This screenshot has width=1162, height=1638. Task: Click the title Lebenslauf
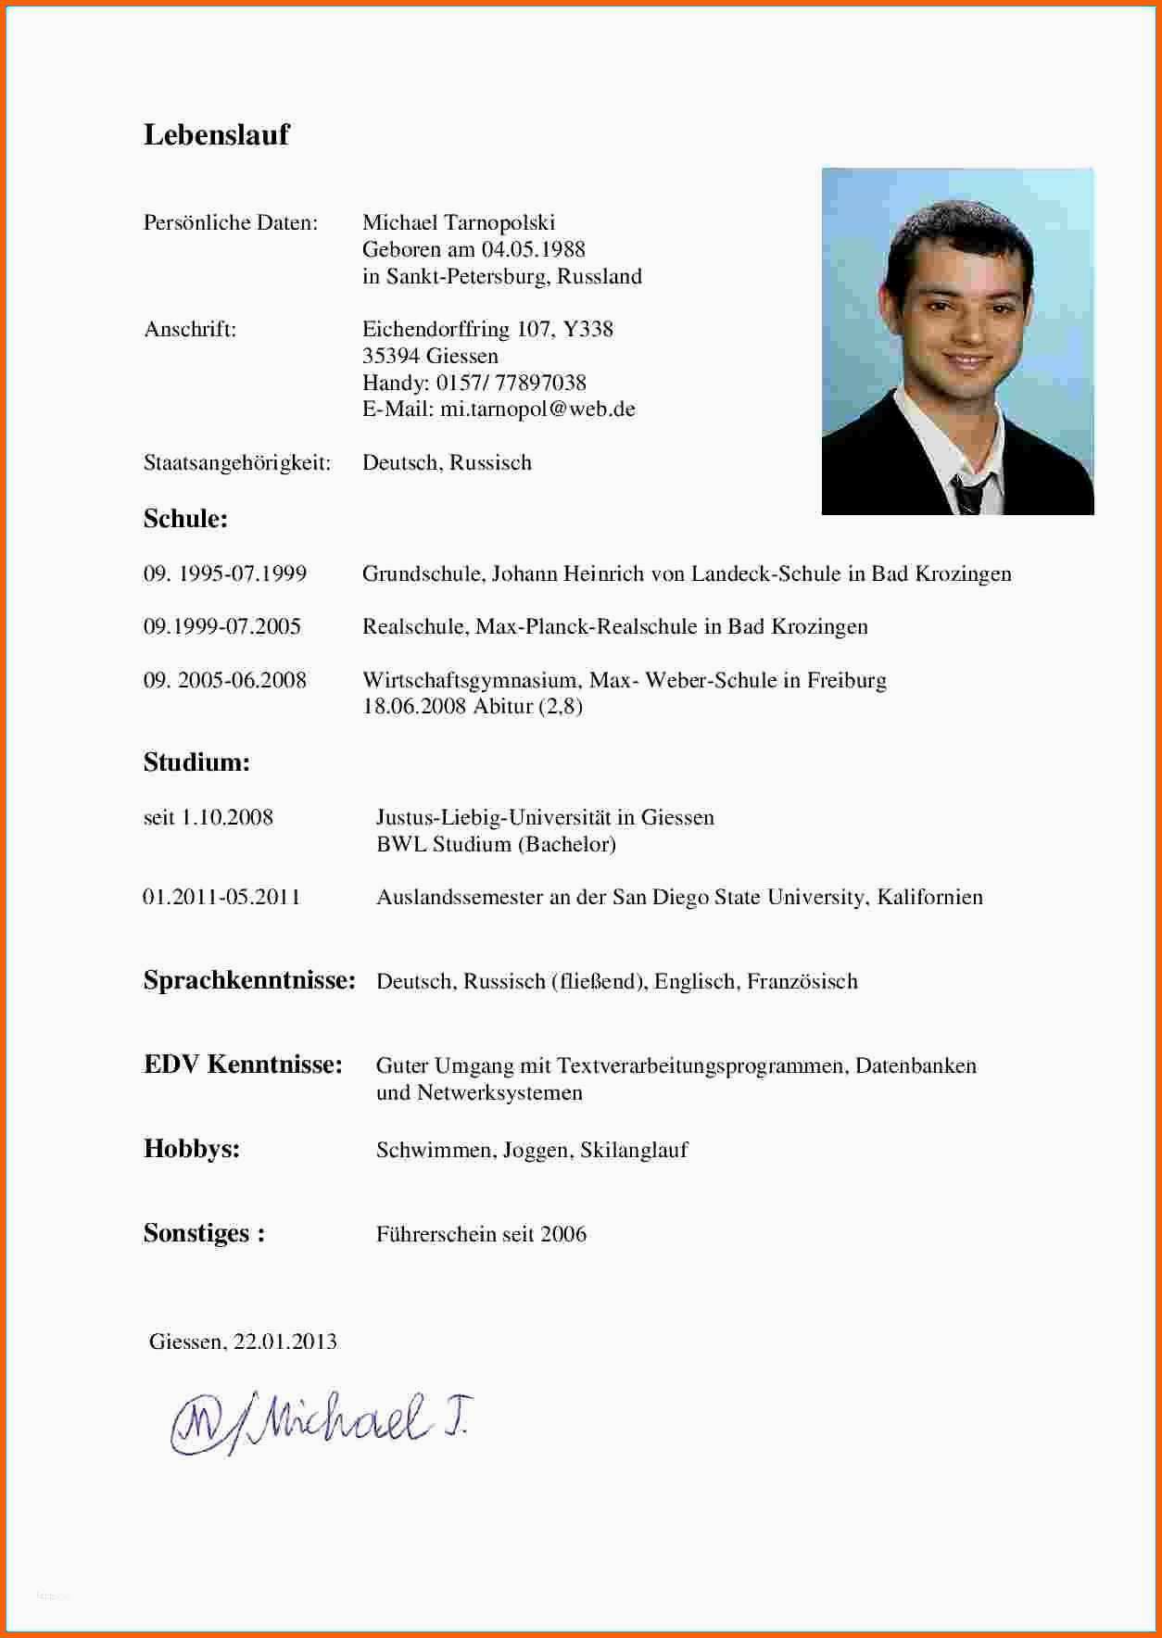tap(216, 135)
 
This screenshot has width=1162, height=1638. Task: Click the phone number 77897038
tap(540, 383)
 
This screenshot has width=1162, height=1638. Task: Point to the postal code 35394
tap(390, 356)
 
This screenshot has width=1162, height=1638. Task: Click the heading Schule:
tap(185, 519)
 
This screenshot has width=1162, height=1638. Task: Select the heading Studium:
tap(196, 762)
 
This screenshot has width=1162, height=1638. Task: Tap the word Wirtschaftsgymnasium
tap(470, 680)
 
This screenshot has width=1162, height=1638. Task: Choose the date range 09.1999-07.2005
tap(222, 626)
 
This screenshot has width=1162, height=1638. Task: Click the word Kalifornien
tap(929, 897)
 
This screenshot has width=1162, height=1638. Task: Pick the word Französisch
tap(802, 981)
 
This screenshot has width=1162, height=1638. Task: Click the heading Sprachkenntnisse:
tap(249, 980)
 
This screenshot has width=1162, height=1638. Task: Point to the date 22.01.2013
tap(284, 1342)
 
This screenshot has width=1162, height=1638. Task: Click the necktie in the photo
tap(968, 493)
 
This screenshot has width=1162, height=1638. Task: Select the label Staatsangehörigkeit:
tap(237, 462)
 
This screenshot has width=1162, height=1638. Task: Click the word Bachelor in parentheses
tap(567, 844)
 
